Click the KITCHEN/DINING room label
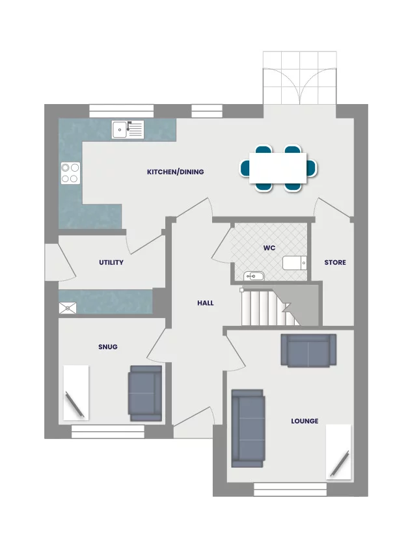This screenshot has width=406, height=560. click(x=175, y=172)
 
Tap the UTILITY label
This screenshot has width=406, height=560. click(x=111, y=263)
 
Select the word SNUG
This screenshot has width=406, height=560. click(x=108, y=347)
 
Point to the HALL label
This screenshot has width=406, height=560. click(x=206, y=303)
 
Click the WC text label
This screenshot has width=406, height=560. click(x=269, y=248)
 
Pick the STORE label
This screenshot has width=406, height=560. click(x=335, y=263)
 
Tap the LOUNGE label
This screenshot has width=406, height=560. click(x=304, y=421)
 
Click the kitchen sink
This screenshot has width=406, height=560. click(x=128, y=129)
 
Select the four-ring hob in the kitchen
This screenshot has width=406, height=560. click(x=70, y=172)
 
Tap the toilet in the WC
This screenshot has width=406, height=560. click(x=294, y=263)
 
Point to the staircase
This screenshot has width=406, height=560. click(x=270, y=308)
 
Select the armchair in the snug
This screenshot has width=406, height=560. click(x=145, y=392)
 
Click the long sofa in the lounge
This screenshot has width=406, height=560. click(x=247, y=427)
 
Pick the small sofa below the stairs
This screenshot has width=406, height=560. click(x=308, y=350)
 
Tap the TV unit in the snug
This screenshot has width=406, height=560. click(x=75, y=392)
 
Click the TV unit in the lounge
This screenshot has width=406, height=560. click(x=338, y=451)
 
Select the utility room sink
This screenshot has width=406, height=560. click(x=68, y=308)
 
